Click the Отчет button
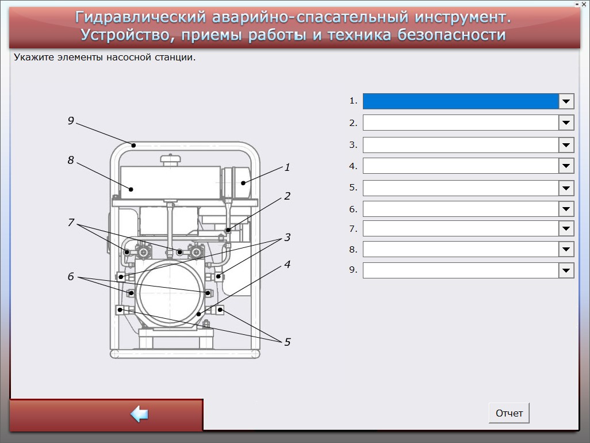pyautogui.click(x=509, y=413)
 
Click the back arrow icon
pyautogui.click(x=139, y=414)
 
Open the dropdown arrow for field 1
pyautogui.click(x=566, y=101)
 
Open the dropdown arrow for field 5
pyautogui.click(x=566, y=188)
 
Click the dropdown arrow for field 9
pyautogui.click(x=566, y=270)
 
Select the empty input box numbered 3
pyautogui.click(x=461, y=145)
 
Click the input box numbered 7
pyautogui.click(x=461, y=228)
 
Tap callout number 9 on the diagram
pyautogui.click(x=71, y=120)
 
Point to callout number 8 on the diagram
pyautogui.click(x=71, y=160)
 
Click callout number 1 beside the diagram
pyautogui.click(x=287, y=167)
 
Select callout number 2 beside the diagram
pyautogui.click(x=287, y=196)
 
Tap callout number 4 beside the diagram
pyautogui.click(x=287, y=264)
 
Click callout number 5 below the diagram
pyautogui.click(x=287, y=342)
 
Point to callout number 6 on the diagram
pyautogui.click(x=71, y=276)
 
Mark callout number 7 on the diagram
pyautogui.click(x=71, y=223)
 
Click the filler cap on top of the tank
pyautogui.click(x=171, y=159)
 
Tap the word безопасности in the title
pyautogui.click(x=451, y=35)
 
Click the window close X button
pyautogui.click(x=584, y=4)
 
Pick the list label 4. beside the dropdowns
pyautogui.click(x=353, y=166)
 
